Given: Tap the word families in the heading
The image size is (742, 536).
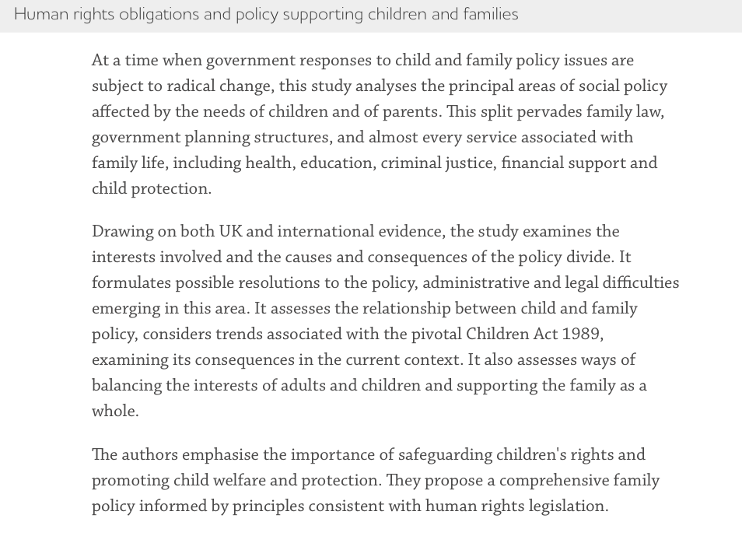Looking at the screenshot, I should pyautogui.click(x=489, y=15).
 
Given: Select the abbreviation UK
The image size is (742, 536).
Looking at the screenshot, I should pyautogui.click(x=230, y=232).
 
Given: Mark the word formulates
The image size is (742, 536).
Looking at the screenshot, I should pyautogui.click(x=131, y=283).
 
